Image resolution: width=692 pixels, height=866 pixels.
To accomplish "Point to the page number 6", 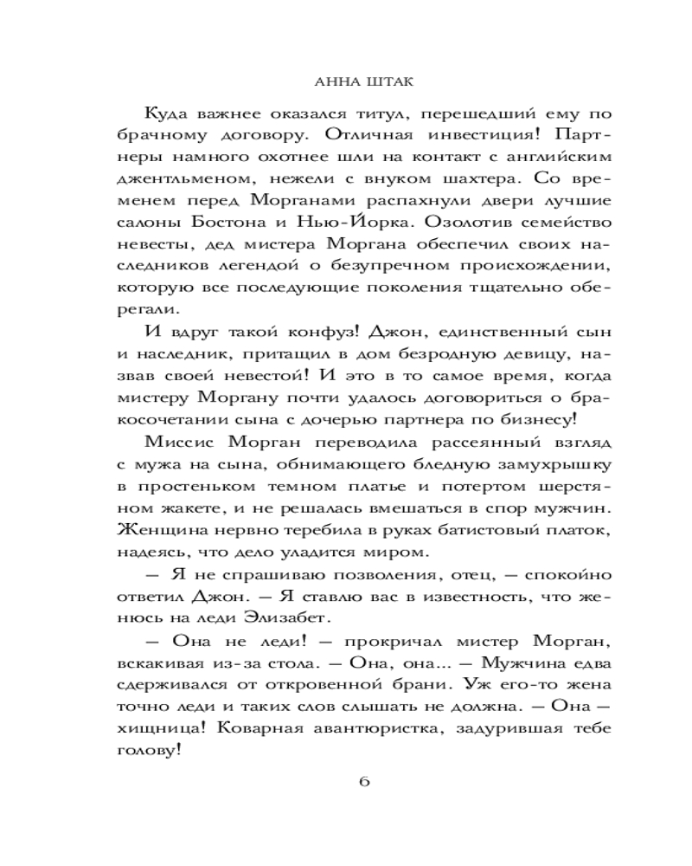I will pyautogui.click(x=363, y=782).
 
